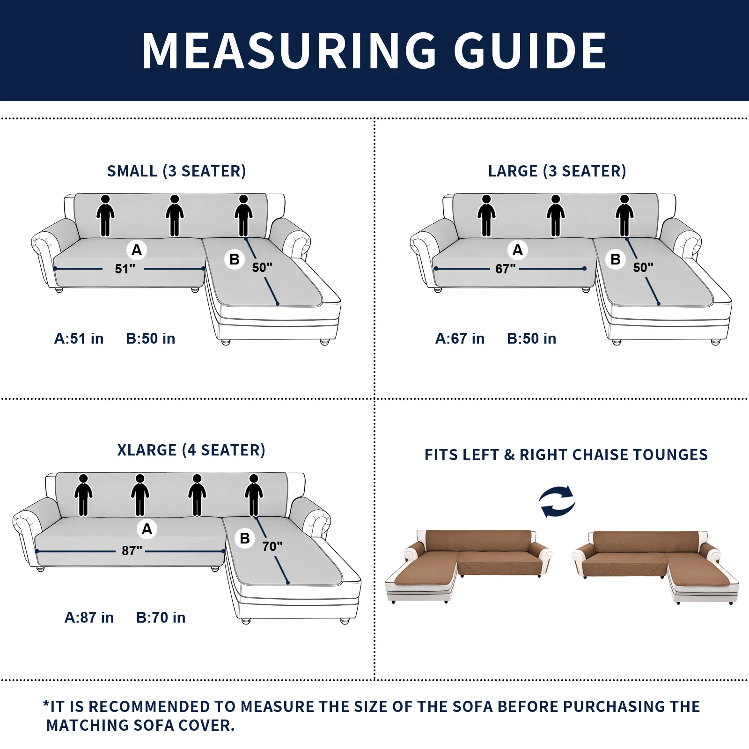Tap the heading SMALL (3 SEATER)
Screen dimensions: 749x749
pyautogui.click(x=176, y=171)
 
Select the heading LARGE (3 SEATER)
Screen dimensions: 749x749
pyautogui.click(x=557, y=171)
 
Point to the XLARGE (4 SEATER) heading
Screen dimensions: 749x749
pyautogui.click(x=191, y=450)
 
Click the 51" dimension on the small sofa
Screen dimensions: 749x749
pyautogui.click(x=125, y=269)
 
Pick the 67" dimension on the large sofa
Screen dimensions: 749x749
pyautogui.click(x=506, y=269)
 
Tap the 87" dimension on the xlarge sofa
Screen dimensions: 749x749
pyautogui.click(x=132, y=551)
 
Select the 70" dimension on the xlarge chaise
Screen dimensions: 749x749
pyautogui.click(x=272, y=546)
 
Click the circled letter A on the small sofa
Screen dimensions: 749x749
pyautogui.click(x=137, y=250)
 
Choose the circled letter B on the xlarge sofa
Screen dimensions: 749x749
pyautogui.click(x=244, y=538)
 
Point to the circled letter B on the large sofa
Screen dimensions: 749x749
pyautogui.click(x=616, y=259)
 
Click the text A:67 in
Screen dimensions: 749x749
pyautogui.click(x=460, y=338)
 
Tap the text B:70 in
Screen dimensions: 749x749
pyautogui.click(x=161, y=617)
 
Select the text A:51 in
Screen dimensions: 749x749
pyautogui.click(x=79, y=338)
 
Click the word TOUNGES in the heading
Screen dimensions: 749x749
pyautogui.click(x=670, y=455)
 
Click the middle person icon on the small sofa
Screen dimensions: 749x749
pyautogui.click(x=175, y=215)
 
